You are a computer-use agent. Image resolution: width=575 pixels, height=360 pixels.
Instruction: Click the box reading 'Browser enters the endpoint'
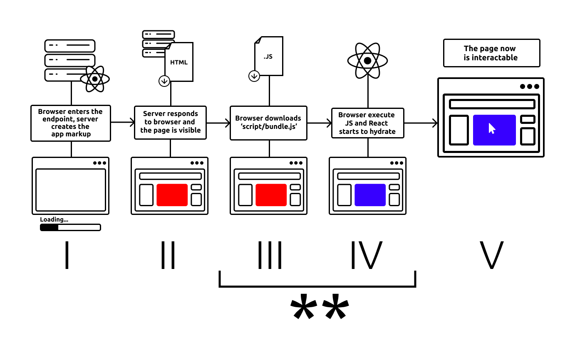point(71,123)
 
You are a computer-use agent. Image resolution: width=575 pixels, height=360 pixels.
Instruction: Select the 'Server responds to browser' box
point(170,122)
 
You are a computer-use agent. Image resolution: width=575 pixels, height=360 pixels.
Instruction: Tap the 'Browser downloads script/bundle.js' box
point(268,123)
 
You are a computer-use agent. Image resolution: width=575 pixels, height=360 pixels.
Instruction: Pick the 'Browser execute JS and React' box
point(367,123)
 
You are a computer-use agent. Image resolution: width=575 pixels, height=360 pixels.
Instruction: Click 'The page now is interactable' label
point(491,53)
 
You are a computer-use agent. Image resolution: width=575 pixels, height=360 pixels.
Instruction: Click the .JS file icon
point(269,56)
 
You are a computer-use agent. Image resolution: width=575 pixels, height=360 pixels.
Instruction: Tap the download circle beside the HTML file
point(164,81)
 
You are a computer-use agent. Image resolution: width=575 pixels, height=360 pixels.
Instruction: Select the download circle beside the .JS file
point(254,76)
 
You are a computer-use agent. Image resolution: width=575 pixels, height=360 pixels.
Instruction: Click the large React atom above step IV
point(367,61)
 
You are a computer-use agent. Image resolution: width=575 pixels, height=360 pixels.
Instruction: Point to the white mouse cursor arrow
point(492,128)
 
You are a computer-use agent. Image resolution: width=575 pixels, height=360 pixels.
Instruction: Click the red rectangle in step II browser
point(172,195)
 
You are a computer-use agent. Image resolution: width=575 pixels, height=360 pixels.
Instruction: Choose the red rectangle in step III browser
point(271,195)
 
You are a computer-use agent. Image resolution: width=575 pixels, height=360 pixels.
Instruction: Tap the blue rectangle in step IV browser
point(370,195)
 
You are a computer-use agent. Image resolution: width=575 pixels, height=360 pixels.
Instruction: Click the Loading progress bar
point(70,227)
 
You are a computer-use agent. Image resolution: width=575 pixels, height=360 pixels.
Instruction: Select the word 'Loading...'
point(54,219)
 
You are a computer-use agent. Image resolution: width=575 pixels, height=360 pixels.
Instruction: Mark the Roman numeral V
point(491,255)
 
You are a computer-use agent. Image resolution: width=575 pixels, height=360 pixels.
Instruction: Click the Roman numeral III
point(270,255)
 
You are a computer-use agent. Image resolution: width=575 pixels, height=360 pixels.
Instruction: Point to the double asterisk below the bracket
point(319,307)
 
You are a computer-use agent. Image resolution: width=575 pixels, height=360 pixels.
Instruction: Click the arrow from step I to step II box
point(122,122)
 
